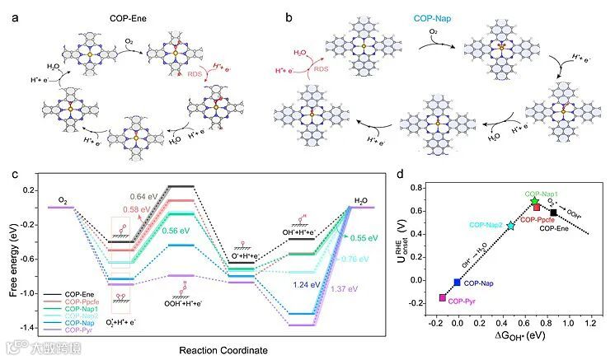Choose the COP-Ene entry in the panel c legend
click(x=86, y=294)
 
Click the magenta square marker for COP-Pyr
click(x=443, y=297)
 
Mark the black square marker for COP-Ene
click(x=554, y=213)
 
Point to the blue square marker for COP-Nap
click(x=458, y=282)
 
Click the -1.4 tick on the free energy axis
click(x=33, y=328)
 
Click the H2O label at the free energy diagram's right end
click(x=360, y=199)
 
